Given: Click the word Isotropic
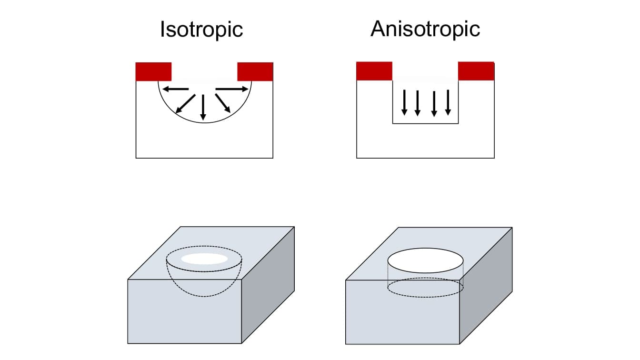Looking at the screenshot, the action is [x=201, y=30].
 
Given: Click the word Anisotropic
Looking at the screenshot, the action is [x=425, y=29].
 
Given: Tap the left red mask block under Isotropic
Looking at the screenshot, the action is [x=153, y=72].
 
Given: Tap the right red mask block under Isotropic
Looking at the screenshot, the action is [x=255, y=72].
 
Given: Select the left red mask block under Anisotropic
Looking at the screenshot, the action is [x=374, y=71].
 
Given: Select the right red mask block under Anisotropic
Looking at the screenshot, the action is [x=476, y=71].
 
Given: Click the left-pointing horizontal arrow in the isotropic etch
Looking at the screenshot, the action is [x=176, y=89].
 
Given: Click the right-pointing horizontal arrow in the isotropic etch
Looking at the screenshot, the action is [x=232, y=89].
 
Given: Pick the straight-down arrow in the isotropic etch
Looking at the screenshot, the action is [x=203, y=107].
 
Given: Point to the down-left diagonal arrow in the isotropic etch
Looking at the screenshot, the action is [x=185, y=104].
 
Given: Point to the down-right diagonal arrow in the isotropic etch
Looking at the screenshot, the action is [x=223, y=103].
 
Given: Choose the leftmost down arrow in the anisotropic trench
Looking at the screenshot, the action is [x=404, y=102].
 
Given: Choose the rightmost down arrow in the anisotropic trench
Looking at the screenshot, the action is [x=448, y=102].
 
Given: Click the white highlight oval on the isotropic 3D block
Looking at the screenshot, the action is [x=204, y=259].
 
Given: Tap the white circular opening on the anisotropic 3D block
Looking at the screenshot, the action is [x=425, y=260].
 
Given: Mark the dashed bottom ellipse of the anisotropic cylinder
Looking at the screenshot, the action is [x=425, y=297].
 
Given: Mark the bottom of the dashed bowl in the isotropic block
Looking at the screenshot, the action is [x=204, y=296].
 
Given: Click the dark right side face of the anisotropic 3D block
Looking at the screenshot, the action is [x=486, y=286].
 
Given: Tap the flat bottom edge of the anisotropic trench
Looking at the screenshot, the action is [x=425, y=123].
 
